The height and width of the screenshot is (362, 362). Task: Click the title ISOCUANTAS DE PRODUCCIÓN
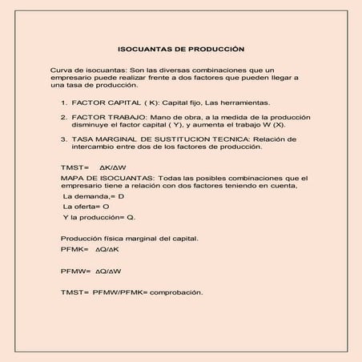click(181, 48)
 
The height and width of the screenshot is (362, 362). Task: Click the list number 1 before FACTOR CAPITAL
click(64, 103)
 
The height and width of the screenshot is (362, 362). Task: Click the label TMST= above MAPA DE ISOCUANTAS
click(74, 167)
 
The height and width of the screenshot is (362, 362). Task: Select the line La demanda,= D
click(94, 196)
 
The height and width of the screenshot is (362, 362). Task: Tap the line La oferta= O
click(86, 207)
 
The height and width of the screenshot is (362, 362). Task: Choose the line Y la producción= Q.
click(100, 217)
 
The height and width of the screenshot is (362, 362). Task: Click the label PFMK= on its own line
click(74, 250)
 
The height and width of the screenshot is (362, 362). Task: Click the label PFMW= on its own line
click(75, 271)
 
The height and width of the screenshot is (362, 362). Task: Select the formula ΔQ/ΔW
click(109, 271)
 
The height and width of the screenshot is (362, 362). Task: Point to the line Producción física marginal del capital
click(128, 239)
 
